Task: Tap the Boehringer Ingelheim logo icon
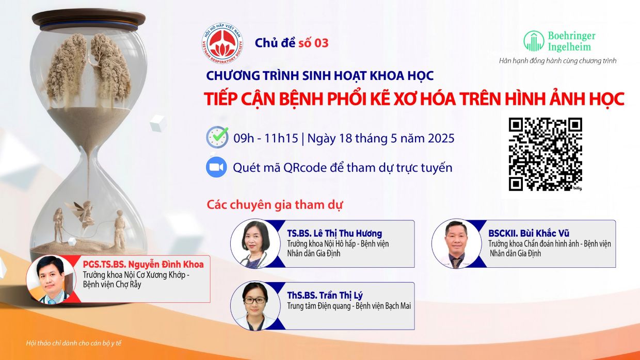point(534,41)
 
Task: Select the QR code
point(546,154)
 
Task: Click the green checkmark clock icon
point(217,137)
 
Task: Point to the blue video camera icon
point(217,167)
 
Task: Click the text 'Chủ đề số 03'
point(291,43)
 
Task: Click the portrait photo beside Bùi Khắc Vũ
point(456,244)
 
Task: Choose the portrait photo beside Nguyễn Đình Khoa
point(51,279)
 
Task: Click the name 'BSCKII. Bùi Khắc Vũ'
point(529,233)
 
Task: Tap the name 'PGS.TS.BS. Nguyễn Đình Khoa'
point(143,265)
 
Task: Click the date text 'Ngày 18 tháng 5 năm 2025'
point(381,138)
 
